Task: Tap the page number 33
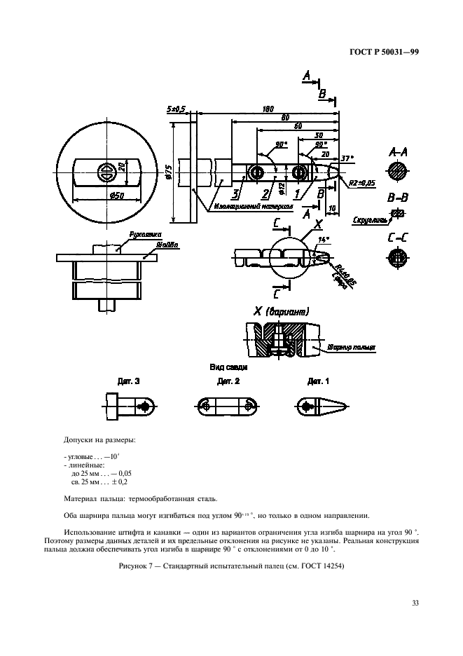pyautogui.click(x=415, y=601)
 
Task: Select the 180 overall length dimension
pyautogui.click(x=268, y=109)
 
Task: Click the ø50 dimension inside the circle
pyautogui.click(x=107, y=196)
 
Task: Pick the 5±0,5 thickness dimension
pyautogui.click(x=177, y=109)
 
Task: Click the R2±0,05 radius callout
pyautogui.click(x=363, y=183)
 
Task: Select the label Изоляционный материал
pyautogui.click(x=244, y=207)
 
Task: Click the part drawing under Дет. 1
pyautogui.click(x=319, y=406)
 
